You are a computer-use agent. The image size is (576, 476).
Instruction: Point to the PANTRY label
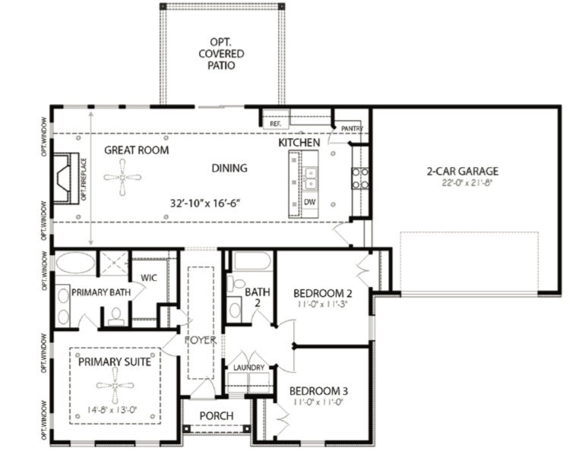point(352,128)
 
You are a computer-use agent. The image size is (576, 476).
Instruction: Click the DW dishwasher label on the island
point(309,203)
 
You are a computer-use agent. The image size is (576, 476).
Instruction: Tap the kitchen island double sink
point(310,178)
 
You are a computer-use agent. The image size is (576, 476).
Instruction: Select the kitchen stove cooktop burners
point(359,178)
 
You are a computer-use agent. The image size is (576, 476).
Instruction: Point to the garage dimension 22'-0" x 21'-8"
point(461,183)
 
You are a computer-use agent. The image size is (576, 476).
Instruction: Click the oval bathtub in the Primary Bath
point(75,264)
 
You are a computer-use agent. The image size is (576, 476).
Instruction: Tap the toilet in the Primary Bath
point(116,314)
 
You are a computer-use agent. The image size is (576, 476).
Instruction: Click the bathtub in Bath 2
point(251,262)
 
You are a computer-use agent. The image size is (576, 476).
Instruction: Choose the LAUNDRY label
point(249,368)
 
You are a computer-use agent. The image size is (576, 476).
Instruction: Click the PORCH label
point(216,416)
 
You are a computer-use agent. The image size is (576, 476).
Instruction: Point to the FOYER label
point(201,340)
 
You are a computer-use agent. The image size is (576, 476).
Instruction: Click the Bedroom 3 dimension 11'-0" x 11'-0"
point(318,406)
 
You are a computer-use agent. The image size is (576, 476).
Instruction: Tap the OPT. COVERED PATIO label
point(221,53)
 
